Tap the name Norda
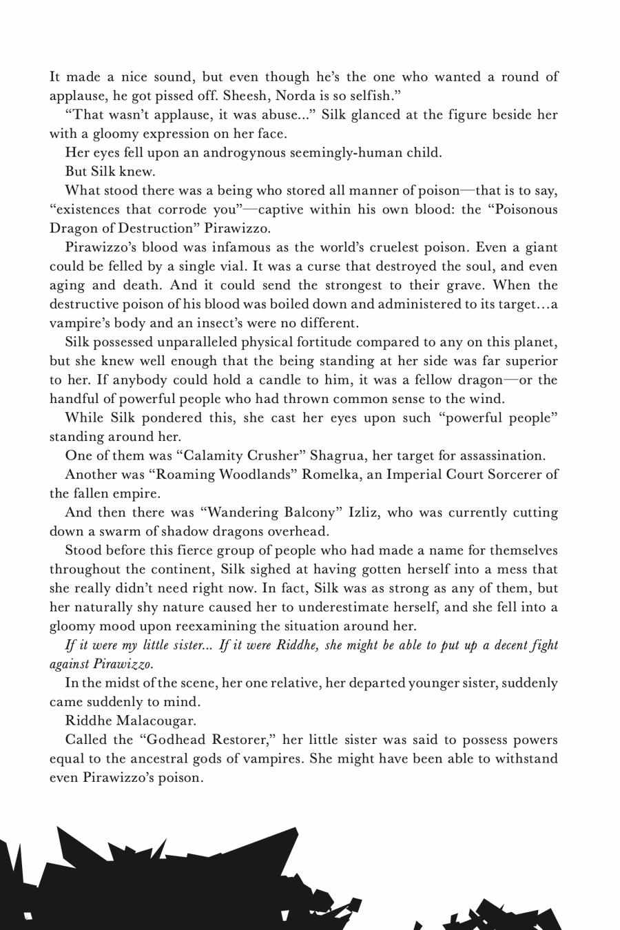298,95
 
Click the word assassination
500,455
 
